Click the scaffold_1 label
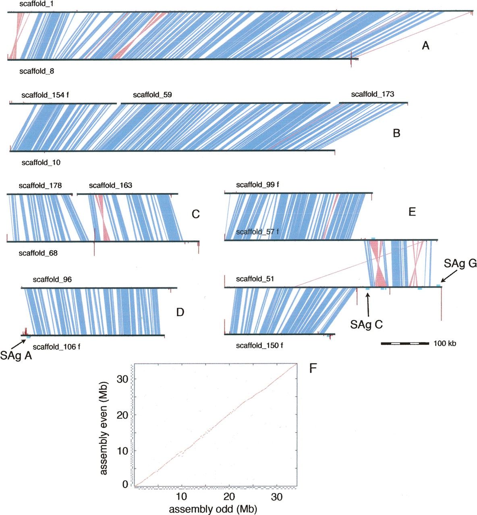click(36, 4)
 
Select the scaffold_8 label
click(36, 71)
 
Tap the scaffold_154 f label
click(45, 95)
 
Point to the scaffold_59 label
click(152, 95)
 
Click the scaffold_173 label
click(373, 94)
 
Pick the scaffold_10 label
click(41, 163)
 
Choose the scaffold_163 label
click(110, 185)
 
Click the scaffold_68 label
click(38, 253)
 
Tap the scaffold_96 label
click(52, 280)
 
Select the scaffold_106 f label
click(56, 347)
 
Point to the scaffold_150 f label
click(259, 346)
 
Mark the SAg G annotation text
click(460, 264)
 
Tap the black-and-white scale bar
click(405, 344)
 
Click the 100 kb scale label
click(445, 344)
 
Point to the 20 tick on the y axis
click(122, 415)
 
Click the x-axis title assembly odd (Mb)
click(213, 509)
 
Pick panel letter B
click(396, 133)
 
